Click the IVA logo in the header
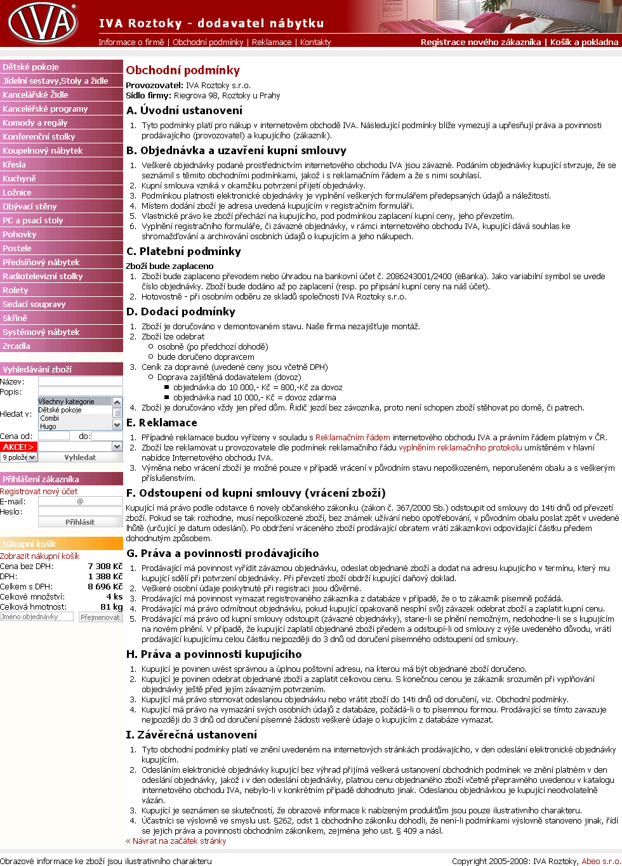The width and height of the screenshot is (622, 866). click(42, 23)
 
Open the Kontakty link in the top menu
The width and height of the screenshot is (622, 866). click(315, 43)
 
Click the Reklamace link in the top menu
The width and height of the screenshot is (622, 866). click(272, 43)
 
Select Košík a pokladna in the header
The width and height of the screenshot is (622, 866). click(584, 43)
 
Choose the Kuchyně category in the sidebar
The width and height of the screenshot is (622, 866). click(20, 179)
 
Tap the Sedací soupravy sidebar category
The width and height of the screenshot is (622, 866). click(34, 305)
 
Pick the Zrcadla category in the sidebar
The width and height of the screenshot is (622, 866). click(17, 346)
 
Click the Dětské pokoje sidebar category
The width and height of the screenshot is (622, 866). click(30, 67)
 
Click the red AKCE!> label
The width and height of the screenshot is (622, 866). click(18, 447)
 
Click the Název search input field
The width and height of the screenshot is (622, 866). click(80, 381)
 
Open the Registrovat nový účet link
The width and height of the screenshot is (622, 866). click(39, 492)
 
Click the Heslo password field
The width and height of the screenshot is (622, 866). click(80, 511)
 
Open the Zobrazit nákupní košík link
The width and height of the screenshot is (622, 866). click(40, 556)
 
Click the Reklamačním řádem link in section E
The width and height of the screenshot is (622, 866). click(352, 438)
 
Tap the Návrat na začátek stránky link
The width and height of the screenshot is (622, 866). click(176, 841)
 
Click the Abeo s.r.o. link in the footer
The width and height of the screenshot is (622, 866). click(601, 862)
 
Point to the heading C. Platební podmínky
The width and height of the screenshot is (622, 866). click(183, 252)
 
